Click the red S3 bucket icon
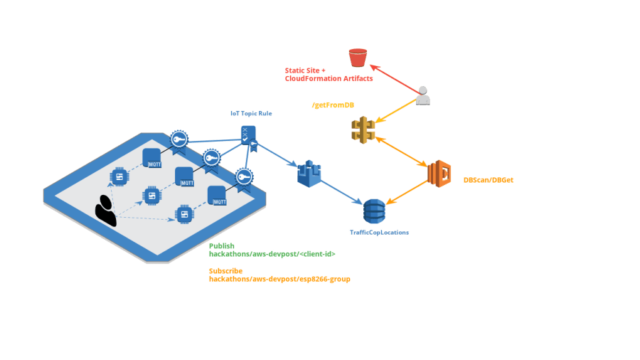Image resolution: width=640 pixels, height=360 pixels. tap(357, 56)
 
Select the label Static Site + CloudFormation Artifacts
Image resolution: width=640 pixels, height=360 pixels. tap(329, 75)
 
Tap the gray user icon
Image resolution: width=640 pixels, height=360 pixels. tap(423, 95)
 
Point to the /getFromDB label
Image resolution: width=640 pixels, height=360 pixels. tap(333, 105)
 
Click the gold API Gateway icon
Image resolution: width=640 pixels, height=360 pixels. tap(363, 129)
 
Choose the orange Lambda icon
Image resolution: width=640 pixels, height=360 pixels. tap(439, 174)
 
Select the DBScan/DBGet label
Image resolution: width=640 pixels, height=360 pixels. tap(488, 181)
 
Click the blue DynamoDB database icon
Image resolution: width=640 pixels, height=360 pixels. tap(374, 211)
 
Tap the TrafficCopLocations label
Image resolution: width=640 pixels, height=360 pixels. tap(379, 233)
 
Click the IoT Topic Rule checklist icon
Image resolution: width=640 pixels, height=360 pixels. tap(247, 134)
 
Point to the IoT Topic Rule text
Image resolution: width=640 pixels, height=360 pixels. tap(251, 113)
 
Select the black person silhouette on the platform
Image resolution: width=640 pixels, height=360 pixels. tap(106, 210)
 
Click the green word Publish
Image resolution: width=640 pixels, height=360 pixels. tap(221, 245)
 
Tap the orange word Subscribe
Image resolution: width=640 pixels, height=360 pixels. tap(225, 271)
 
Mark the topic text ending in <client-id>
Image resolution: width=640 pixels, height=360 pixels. tap(272, 254)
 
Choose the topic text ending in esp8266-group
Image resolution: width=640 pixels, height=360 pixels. tap(279, 280)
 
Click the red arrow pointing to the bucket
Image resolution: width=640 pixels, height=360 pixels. tap(393, 78)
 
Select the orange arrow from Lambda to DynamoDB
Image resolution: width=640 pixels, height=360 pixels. tap(407, 193)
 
